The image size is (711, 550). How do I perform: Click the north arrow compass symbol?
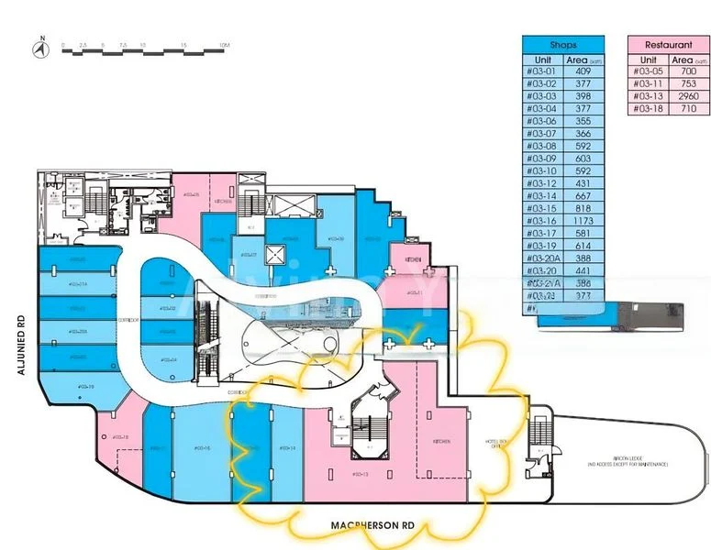click(x=40, y=49)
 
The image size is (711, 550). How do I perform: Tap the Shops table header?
click(x=563, y=45)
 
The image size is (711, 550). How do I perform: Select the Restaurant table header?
click(x=667, y=45)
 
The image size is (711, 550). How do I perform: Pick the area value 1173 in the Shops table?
click(x=583, y=220)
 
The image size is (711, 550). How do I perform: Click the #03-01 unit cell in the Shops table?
click(x=541, y=71)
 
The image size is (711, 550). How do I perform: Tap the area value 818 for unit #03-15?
click(x=583, y=208)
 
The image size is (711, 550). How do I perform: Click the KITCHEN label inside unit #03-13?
click(x=441, y=441)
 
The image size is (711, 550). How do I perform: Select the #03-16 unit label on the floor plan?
click(x=204, y=447)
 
